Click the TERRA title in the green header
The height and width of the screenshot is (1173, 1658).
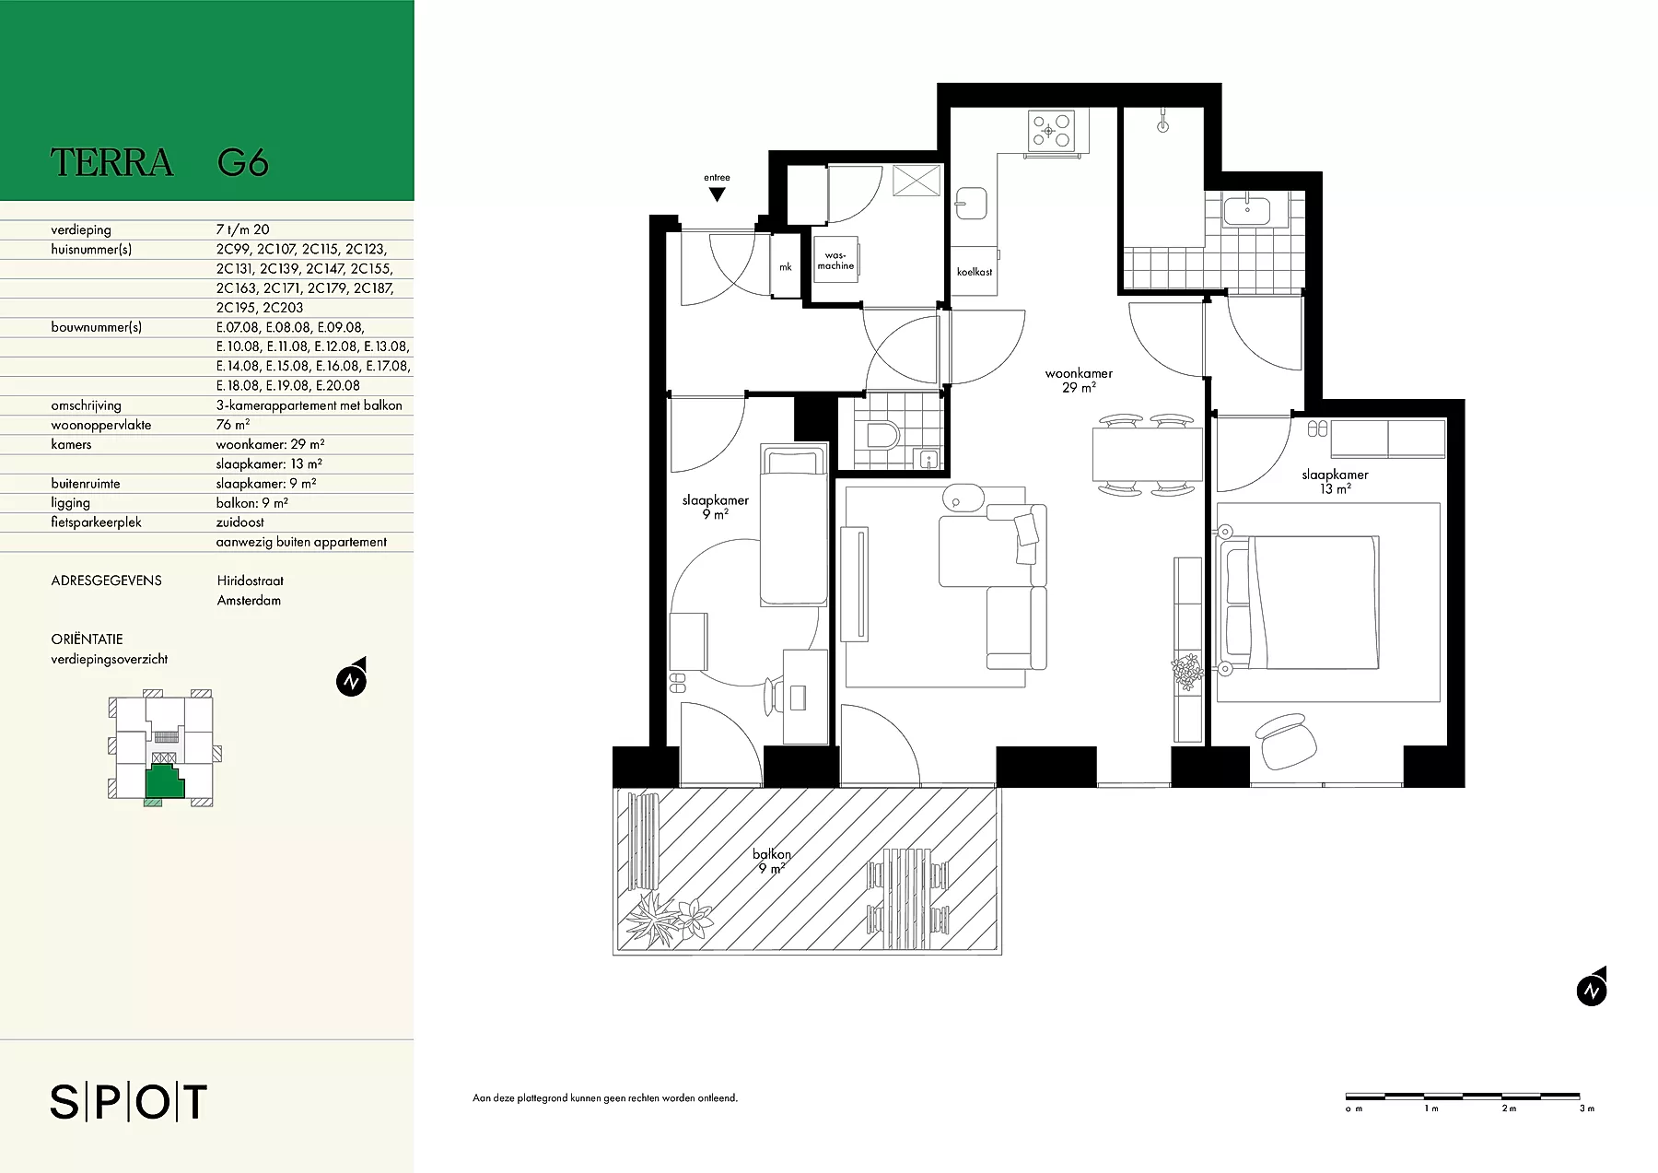(x=111, y=162)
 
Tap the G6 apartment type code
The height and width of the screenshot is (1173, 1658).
(x=243, y=162)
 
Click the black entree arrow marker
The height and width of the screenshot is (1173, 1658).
(x=717, y=194)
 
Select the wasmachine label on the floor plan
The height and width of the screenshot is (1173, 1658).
(x=835, y=261)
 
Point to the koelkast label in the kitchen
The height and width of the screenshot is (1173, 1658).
(x=975, y=272)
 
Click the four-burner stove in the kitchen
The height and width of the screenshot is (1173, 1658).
(x=1051, y=131)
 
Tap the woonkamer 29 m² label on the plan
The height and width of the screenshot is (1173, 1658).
(x=1079, y=381)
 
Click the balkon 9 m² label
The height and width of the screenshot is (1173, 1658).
(x=772, y=861)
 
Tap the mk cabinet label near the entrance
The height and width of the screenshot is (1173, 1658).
(x=786, y=267)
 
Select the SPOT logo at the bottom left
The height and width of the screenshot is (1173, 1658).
(x=129, y=1102)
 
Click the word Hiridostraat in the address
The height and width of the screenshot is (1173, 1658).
(x=251, y=581)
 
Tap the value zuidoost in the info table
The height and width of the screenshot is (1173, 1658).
(x=240, y=522)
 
